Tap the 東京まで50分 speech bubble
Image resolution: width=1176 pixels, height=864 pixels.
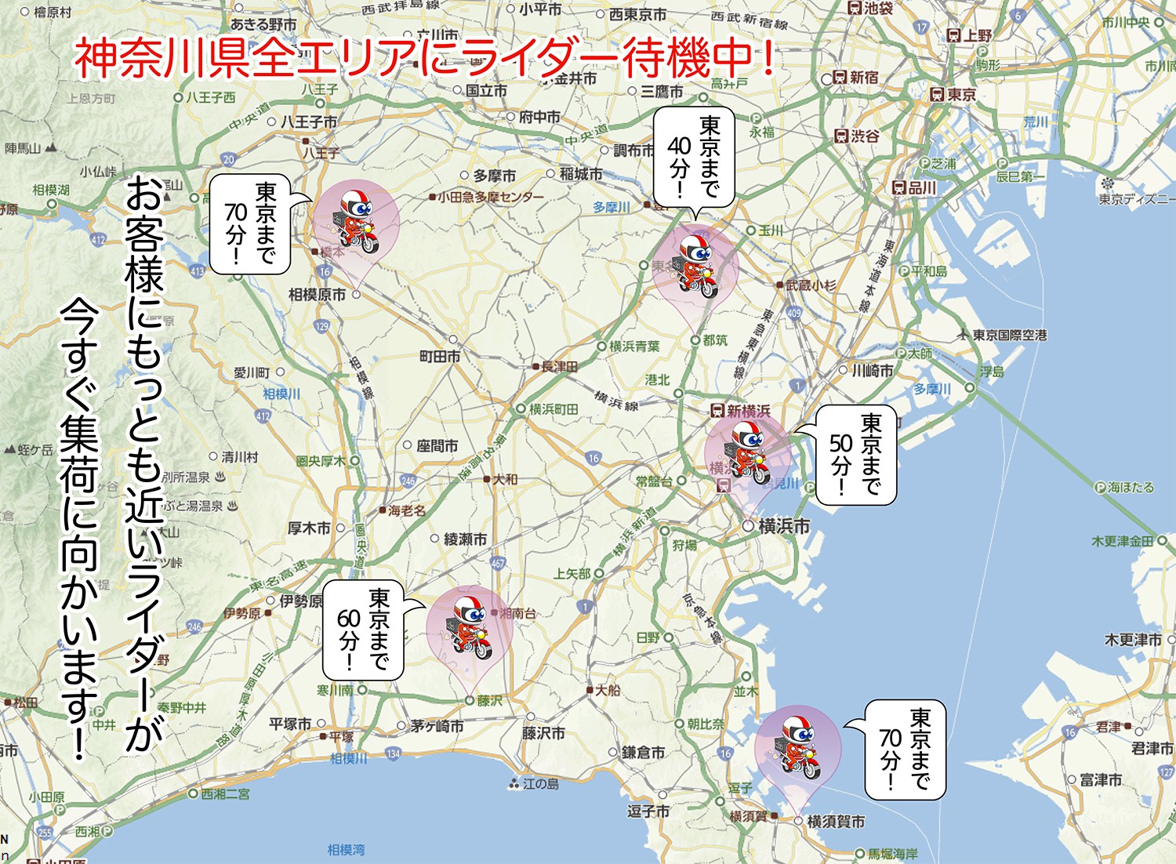pos(855,455)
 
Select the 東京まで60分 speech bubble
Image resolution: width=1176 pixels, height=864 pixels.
pos(364,630)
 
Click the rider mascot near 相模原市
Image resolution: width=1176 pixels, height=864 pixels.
pos(355,219)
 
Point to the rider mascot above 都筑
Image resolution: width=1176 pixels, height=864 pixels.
pos(695,265)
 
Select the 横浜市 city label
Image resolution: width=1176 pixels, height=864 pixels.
pos(783,526)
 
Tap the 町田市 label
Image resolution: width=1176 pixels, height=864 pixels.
pos(440,357)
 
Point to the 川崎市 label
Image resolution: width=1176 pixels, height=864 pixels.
pos(873,370)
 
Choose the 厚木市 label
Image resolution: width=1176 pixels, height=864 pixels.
pos(309,528)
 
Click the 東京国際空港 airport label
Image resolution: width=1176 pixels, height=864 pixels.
pos(1009,335)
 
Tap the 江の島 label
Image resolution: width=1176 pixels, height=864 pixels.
pos(540,783)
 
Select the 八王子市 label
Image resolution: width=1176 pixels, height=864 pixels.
pos(309,122)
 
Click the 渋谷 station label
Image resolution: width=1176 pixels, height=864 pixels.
pos(865,136)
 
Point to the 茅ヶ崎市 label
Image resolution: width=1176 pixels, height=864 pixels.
pos(437,726)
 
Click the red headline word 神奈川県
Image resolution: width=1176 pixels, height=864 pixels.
pos(162,59)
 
